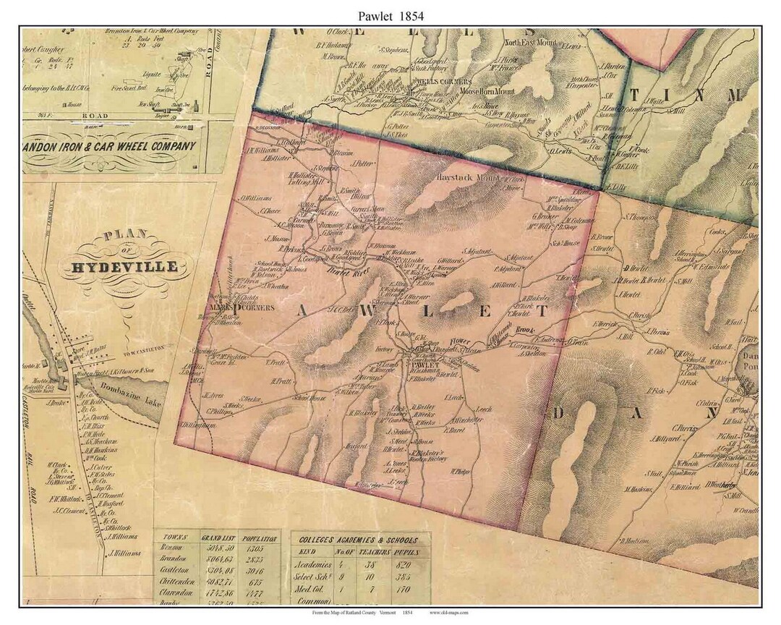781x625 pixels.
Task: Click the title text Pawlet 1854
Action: tap(390, 14)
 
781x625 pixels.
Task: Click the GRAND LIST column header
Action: tap(222, 537)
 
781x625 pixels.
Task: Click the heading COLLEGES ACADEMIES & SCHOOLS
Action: tap(359, 539)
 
